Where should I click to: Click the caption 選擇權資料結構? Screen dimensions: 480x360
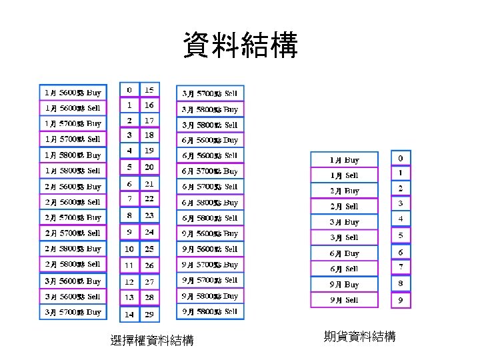pos(152,341)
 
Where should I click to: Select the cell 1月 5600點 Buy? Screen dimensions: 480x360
pos(73,92)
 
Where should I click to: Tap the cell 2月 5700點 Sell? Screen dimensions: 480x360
pos(73,233)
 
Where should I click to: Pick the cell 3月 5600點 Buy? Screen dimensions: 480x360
pos(73,281)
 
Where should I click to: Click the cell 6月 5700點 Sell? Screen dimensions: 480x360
pos(210,187)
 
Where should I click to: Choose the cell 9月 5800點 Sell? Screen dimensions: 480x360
pos(210,311)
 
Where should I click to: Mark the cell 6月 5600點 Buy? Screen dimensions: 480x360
pos(210,140)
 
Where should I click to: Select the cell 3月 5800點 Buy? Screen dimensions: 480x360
pos(210,109)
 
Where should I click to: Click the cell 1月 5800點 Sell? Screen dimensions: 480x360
pos(73,171)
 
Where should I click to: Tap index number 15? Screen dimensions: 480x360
pos(149,89)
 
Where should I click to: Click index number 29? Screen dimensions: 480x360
pos(149,314)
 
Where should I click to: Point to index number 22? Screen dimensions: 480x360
pos(149,199)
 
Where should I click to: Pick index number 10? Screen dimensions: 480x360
pos(129,249)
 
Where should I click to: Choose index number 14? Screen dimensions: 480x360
pos(129,314)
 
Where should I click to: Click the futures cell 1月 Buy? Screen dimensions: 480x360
pos(344,160)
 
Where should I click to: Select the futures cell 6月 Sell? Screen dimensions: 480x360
pos(344,269)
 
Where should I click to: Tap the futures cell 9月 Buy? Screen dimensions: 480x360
pos(344,285)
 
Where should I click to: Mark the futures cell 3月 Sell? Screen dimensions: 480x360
pos(344,237)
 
